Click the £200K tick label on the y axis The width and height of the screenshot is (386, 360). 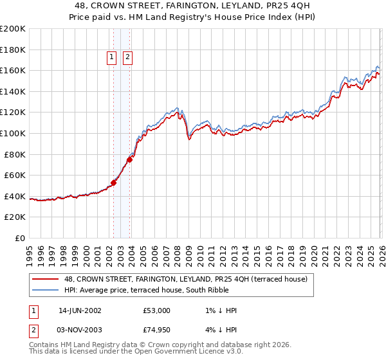[x=13, y=29]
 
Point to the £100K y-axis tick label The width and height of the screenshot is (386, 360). [x=13, y=134]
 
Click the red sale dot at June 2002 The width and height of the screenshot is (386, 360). [x=114, y=183]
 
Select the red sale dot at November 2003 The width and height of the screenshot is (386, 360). [x=129, y=159]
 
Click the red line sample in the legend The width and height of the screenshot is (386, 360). [x=46, y=279]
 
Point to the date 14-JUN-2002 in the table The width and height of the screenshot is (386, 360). [x=80, y=310]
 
